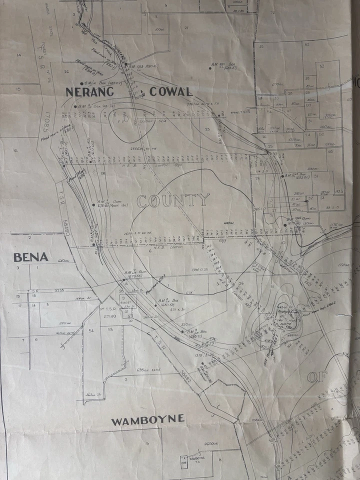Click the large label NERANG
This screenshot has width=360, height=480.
(x=90, y=91)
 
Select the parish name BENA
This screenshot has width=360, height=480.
(x=31, y=257)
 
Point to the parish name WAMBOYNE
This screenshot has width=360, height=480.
(x=147, y=420)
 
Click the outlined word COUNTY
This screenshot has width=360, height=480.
(x=173, y=201)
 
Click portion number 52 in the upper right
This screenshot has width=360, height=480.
(x=321, y=66)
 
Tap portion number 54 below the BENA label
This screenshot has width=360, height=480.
(x=91, y=330)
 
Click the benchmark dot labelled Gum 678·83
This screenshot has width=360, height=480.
(x=93, y=204)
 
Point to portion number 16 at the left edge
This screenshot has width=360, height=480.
(x=15, y=150)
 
